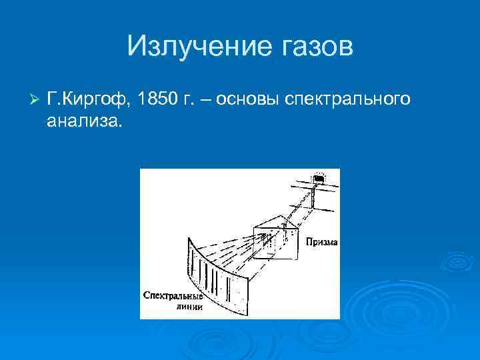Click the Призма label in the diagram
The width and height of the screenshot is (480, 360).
[x=321, y=243]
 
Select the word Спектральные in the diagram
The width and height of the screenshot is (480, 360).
[x=171, y=295]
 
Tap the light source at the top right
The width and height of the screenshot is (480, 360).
[x=319, y=179]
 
